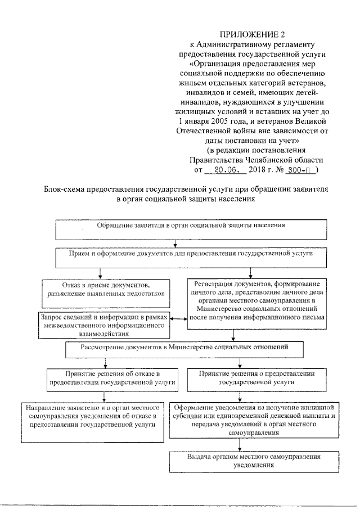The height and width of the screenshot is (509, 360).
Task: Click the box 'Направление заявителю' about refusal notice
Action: coord(91,416)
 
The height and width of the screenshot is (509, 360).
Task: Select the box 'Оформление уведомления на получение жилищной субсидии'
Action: coord(255,420)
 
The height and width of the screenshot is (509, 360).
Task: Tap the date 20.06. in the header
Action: coord(224,169)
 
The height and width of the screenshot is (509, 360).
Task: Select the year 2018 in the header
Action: coord(260,169)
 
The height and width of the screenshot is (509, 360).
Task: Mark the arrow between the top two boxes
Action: coord(177,243)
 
